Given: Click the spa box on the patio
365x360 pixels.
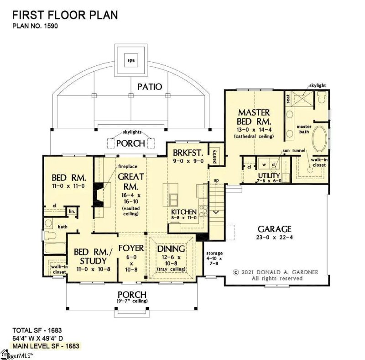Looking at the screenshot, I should [x=131, y=59].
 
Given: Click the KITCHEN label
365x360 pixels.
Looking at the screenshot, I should [x=184, y=212].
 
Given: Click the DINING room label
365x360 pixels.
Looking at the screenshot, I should [x=171, y=249].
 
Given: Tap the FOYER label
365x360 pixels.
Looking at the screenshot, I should [x=131, y=248].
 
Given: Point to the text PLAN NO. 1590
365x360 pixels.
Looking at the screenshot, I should [x=35, y=26].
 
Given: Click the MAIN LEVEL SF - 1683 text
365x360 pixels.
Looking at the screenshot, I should [x=46, y=346].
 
